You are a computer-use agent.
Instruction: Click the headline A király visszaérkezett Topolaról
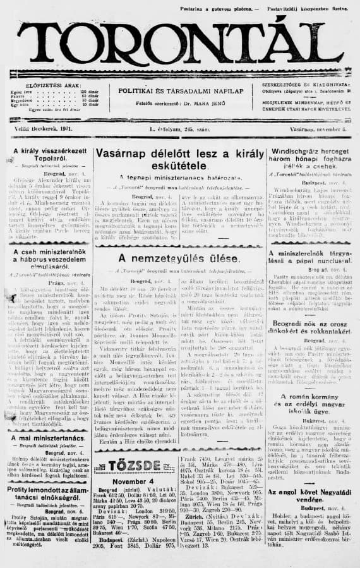(47, 154)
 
